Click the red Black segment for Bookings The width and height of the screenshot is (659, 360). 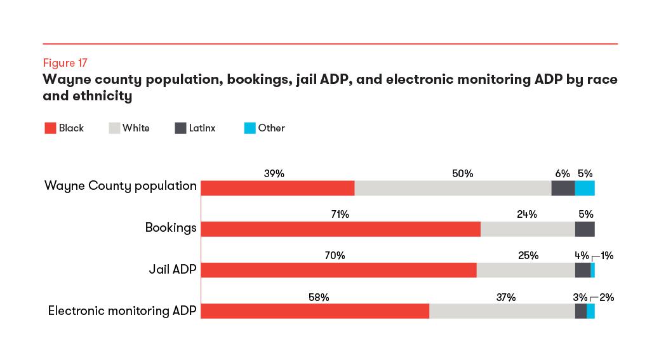340,229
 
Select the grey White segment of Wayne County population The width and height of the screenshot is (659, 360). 453,188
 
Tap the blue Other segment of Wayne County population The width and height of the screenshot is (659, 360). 585,188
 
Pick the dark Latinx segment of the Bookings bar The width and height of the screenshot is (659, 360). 585,229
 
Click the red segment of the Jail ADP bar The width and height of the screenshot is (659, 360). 338,270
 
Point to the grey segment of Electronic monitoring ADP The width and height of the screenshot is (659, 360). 502,311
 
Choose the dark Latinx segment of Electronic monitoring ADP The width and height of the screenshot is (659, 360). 580,311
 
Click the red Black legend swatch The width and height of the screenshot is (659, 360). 50,128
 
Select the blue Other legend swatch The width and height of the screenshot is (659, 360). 250,128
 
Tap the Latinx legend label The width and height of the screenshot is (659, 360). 202,128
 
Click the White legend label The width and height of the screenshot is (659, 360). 136,128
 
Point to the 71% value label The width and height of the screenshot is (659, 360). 340,215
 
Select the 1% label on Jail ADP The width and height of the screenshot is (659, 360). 607,256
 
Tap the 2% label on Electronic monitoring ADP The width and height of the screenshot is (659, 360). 607,297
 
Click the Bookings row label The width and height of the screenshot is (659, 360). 171,227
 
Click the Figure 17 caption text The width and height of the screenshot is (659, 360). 65,63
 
